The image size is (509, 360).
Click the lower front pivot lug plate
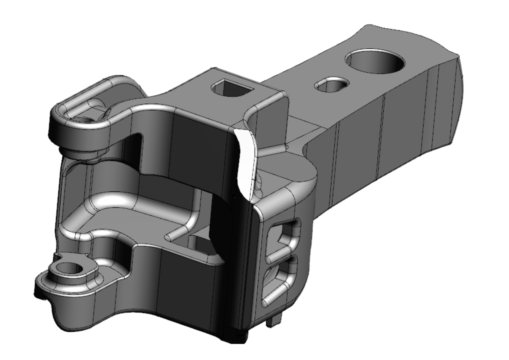coord(70,286)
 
